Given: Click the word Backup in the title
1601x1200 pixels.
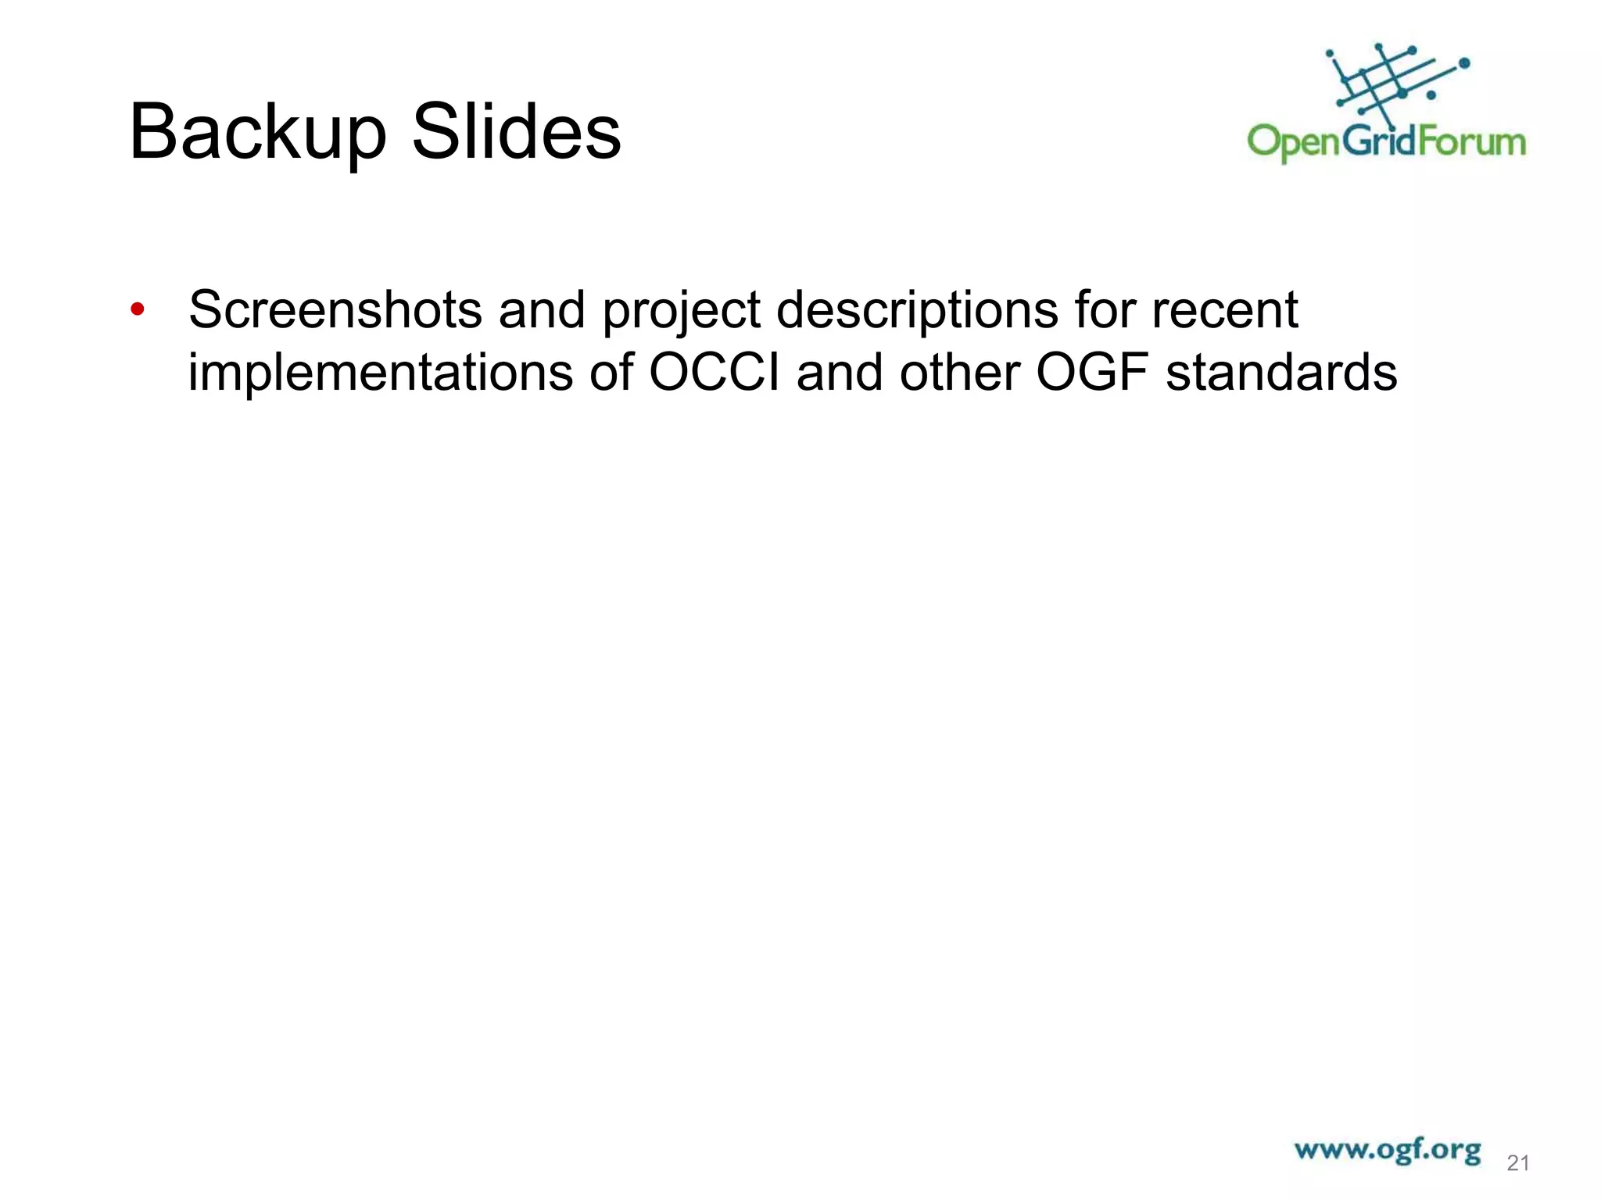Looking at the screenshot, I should tap(257, 133).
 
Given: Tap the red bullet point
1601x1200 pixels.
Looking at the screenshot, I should tap(138, 309).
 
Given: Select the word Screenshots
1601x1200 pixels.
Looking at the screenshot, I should tap(335, 309).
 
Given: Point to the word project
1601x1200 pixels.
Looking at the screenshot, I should tap(680, 311).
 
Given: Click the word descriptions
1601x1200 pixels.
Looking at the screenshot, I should tap(917, 311).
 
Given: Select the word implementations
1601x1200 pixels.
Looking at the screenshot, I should tap(380, 372).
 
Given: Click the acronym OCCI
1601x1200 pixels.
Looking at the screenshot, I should tap(715, 372).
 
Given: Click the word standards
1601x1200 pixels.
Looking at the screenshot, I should tap(1281, 372).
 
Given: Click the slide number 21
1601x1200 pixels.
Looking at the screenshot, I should tap(1517, 1163).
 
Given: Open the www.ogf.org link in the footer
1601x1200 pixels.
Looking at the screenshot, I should tap(1387, 1150).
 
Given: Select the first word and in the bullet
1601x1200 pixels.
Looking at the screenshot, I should tap(542, 309).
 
